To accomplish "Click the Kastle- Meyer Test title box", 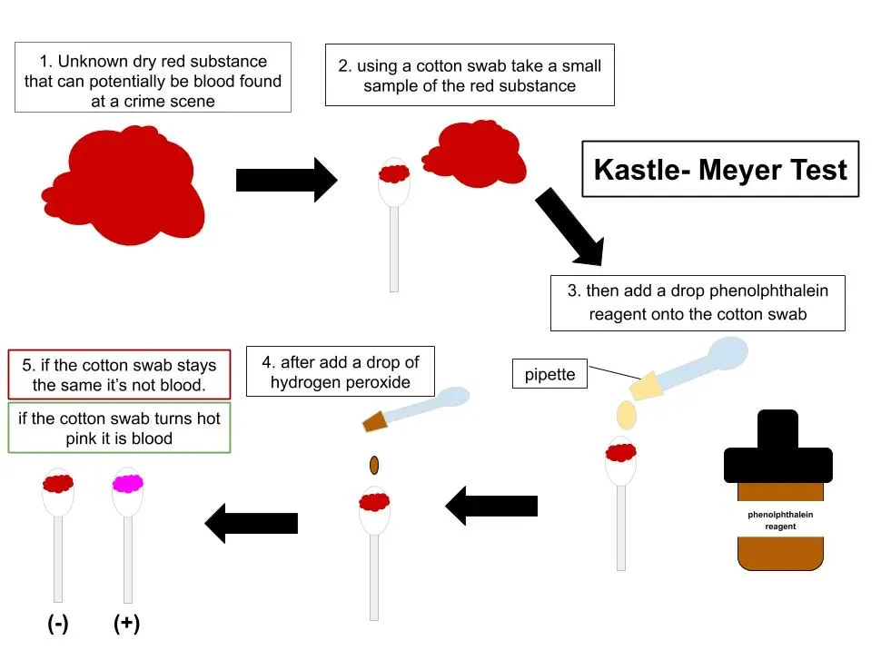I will (x=720, y=170).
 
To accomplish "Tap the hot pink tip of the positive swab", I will (x=127, y=483).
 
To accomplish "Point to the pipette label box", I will (x=550, y=374).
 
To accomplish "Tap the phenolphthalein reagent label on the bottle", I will (x=780, y=519).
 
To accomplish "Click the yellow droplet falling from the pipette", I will (x=626, y=414).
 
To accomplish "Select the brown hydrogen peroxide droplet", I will (x=373, y=466).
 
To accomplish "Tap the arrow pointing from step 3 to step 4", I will (x=491, y=506).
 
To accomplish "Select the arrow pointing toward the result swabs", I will (x=252, y=522).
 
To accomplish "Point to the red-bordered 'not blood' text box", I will (x=119, y=374).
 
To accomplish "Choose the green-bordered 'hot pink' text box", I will (x=119, y=428).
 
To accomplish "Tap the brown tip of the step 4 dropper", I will (x=375, y=420).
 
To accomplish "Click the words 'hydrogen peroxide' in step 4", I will (x=341, y=382).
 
